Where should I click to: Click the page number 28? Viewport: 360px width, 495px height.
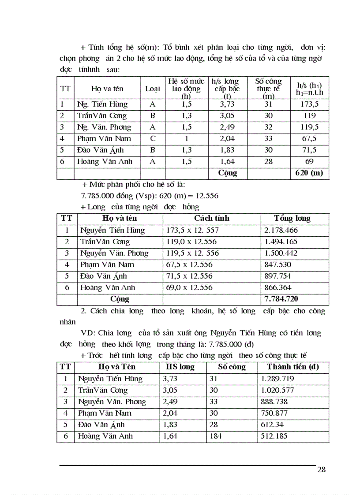[321, 469]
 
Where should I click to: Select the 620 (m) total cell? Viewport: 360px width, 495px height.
[309, 173]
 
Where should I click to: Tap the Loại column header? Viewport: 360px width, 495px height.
[153, 89]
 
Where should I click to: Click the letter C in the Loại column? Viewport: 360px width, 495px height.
[153, 139]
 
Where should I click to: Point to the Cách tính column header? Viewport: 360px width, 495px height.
[212, 219]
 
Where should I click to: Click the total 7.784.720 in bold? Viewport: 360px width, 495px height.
[281, 299]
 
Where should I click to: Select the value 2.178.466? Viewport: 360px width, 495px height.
[281, 231]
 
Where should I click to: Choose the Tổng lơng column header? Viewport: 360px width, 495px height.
[292, 219]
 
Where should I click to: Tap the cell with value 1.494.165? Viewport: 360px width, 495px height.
[281, 242]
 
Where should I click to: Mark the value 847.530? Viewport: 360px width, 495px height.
[277, 265]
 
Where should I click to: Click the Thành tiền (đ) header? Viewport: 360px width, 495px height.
[293, 367]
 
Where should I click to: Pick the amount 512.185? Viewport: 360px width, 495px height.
[276, 436]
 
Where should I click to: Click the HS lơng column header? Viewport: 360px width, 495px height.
[180, 367]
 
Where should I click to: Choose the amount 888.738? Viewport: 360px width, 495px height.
[276, 402]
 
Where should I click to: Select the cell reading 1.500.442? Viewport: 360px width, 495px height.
[281, 253]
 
